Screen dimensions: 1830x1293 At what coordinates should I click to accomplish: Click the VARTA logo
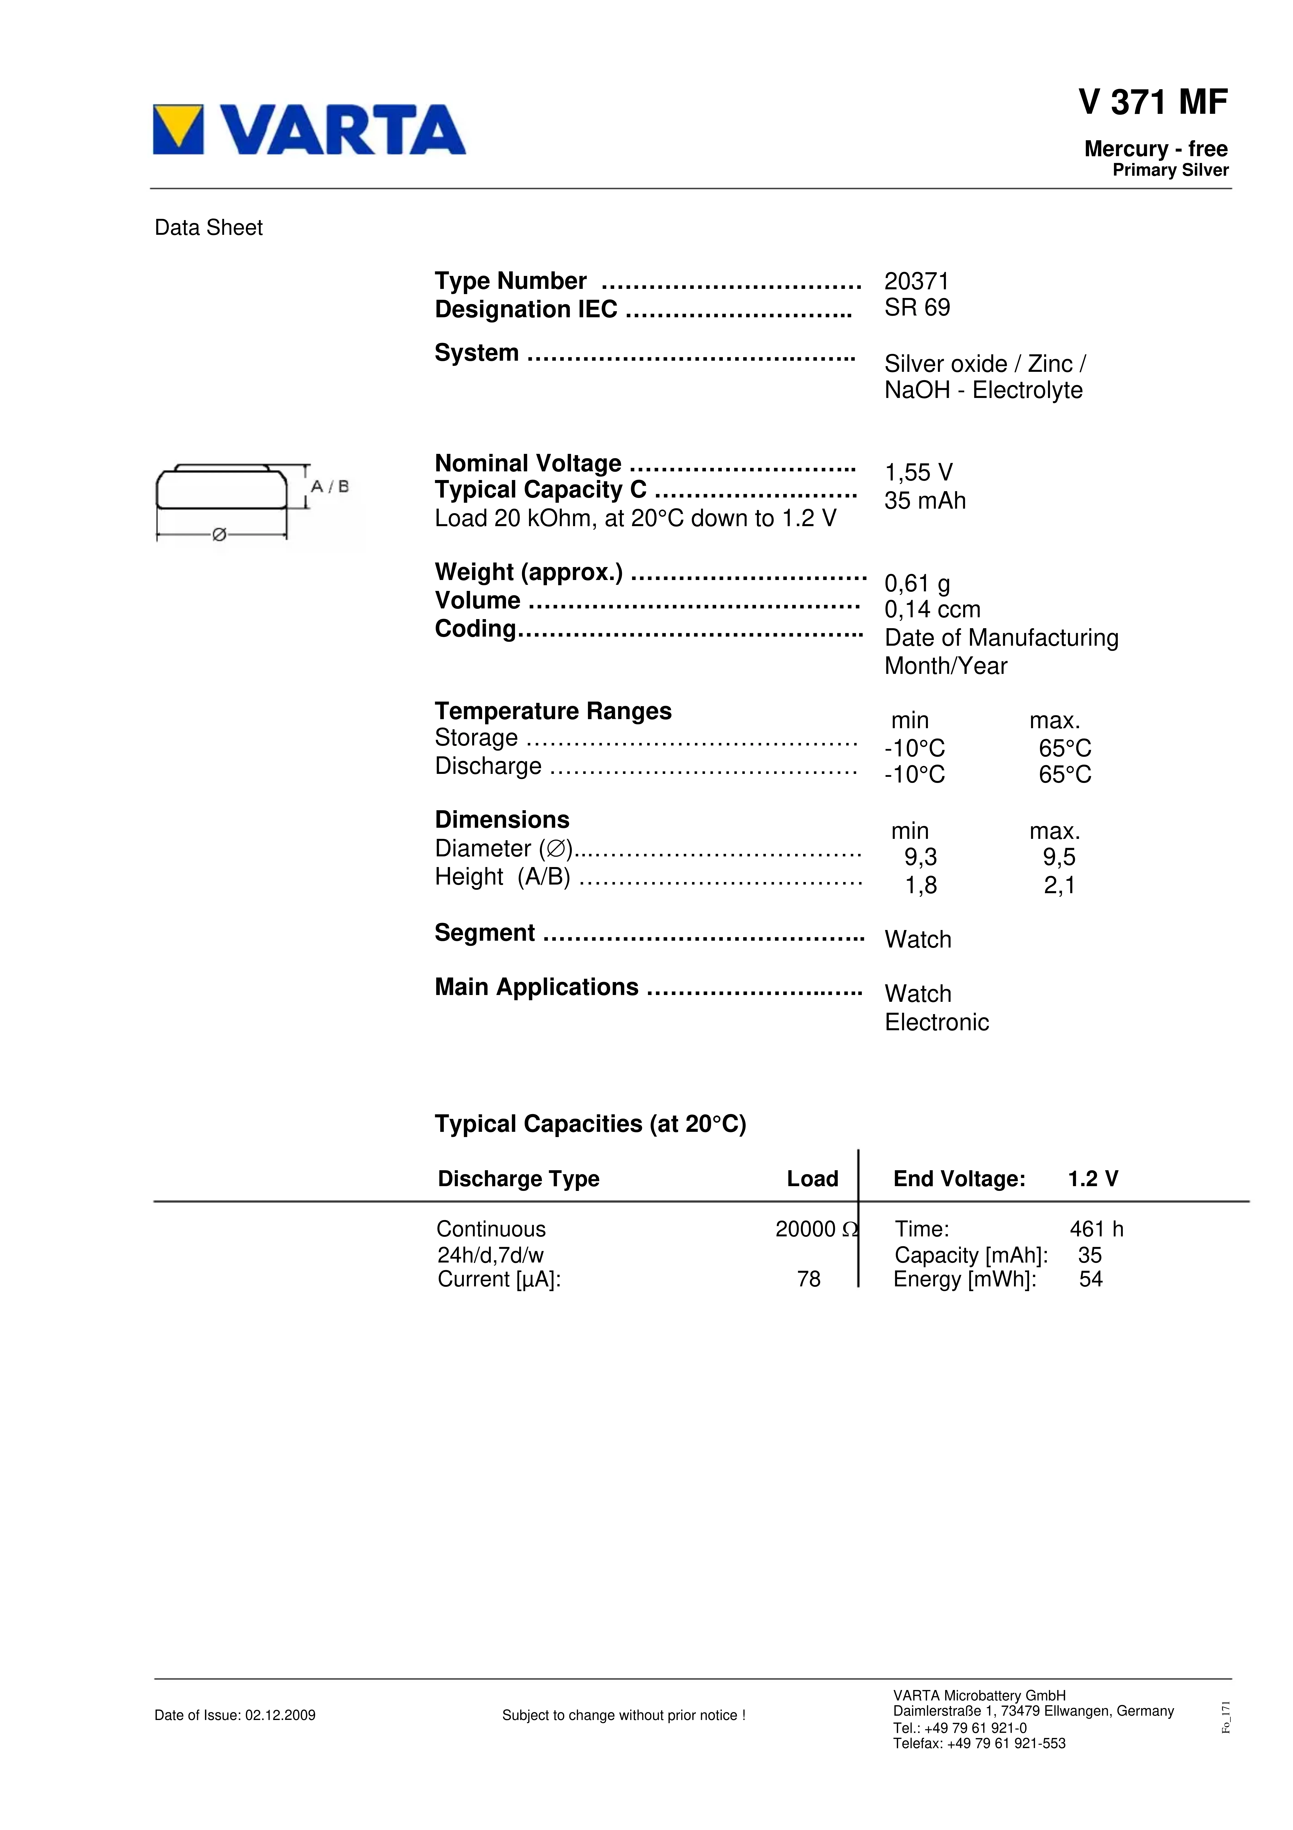(309, 129)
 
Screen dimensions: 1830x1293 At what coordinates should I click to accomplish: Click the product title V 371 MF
(1153, 102)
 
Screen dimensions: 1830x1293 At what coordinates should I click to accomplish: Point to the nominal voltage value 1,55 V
(918, 473)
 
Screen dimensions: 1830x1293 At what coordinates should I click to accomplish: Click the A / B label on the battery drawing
(329, 486)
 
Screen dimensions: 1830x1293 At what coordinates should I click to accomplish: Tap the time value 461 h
(1096, 1229)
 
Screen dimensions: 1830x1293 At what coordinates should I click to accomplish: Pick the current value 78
(808, 1279)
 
